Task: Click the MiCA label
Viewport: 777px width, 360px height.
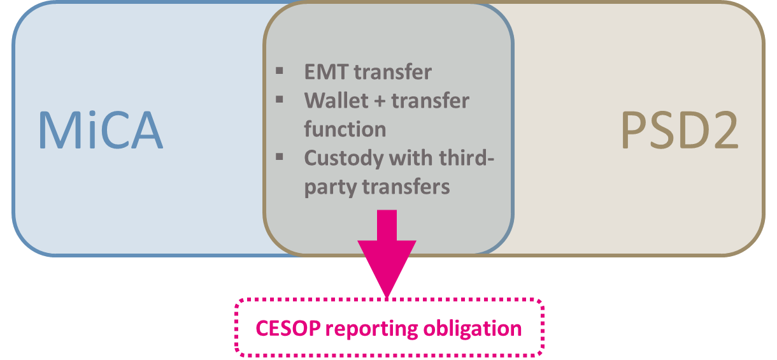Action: click(x=101, y=131)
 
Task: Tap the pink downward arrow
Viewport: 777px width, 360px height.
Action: click(x=387, y=255)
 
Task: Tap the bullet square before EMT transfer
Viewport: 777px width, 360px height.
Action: click(x=280, y=69)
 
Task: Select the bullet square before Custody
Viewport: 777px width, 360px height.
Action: click(x=280, y=155)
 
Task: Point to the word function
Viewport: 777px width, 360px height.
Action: click(x=345, y=129)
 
